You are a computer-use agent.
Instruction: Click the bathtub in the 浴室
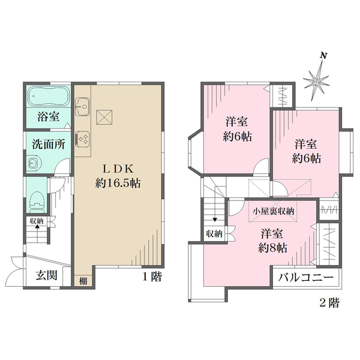point(49,95)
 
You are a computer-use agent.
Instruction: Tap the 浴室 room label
point(49,116)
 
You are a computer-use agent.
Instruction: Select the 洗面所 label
point(49,144)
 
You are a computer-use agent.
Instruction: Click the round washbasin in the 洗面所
point(34,163)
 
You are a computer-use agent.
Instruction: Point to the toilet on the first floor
point(37,202)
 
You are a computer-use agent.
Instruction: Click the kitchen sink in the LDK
point(83,106)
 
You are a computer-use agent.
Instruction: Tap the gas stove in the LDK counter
point(82,138)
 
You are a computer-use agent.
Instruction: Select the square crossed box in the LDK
point(104,118)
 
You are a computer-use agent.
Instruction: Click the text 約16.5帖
point(118,183)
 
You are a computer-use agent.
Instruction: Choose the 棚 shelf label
point(83,281)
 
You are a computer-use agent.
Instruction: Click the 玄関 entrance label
point(47,275)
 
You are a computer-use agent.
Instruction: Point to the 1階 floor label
point(152,276)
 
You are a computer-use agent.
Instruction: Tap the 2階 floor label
point(329,303)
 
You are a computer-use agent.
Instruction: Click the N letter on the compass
point(324,56)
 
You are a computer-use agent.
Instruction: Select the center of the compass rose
point(316,82)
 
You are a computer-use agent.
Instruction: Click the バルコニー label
point(306,278)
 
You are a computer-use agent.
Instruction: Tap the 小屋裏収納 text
point(273,211)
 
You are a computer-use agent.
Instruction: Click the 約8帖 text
point(273,248)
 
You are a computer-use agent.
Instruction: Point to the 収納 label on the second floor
point(214,234)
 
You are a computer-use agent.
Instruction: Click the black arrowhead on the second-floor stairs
point(215,220)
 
